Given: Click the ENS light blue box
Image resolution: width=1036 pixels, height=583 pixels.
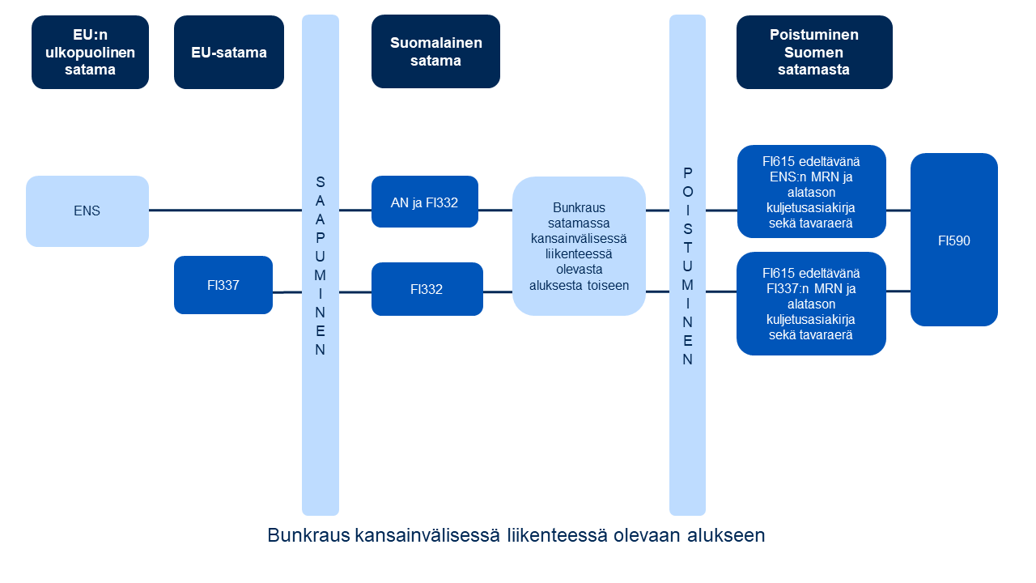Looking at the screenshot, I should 87,211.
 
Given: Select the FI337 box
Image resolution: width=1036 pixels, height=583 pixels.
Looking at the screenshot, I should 223,285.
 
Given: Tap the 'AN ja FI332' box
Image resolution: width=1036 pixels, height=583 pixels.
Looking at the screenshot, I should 424,202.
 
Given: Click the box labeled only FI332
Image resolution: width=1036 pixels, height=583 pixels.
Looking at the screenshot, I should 427,289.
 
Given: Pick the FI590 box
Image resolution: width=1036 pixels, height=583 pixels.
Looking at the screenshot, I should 953,240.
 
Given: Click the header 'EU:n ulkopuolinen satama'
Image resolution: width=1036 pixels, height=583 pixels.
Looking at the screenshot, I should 90,52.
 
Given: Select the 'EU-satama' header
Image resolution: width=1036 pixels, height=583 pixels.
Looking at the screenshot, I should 228,52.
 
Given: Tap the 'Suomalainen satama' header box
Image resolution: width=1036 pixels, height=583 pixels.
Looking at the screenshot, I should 435,52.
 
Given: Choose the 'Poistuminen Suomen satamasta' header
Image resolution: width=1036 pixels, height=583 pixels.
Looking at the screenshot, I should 813,52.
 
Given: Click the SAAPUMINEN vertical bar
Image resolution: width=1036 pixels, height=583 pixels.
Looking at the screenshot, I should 320,265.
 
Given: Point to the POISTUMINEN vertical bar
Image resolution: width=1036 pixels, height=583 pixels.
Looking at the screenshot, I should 687,265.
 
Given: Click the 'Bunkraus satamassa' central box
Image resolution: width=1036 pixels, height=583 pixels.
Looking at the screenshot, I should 579,246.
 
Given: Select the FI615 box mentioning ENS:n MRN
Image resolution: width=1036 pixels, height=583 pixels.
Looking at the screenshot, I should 811,192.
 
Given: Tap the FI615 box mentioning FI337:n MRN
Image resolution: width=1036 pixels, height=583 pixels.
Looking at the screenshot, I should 811,304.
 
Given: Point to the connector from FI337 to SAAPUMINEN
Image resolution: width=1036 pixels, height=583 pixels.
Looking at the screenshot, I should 287,291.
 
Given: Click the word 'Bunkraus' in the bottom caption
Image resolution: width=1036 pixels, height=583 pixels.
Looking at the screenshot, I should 308,536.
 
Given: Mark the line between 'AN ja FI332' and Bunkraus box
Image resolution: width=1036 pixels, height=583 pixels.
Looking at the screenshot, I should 495,210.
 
